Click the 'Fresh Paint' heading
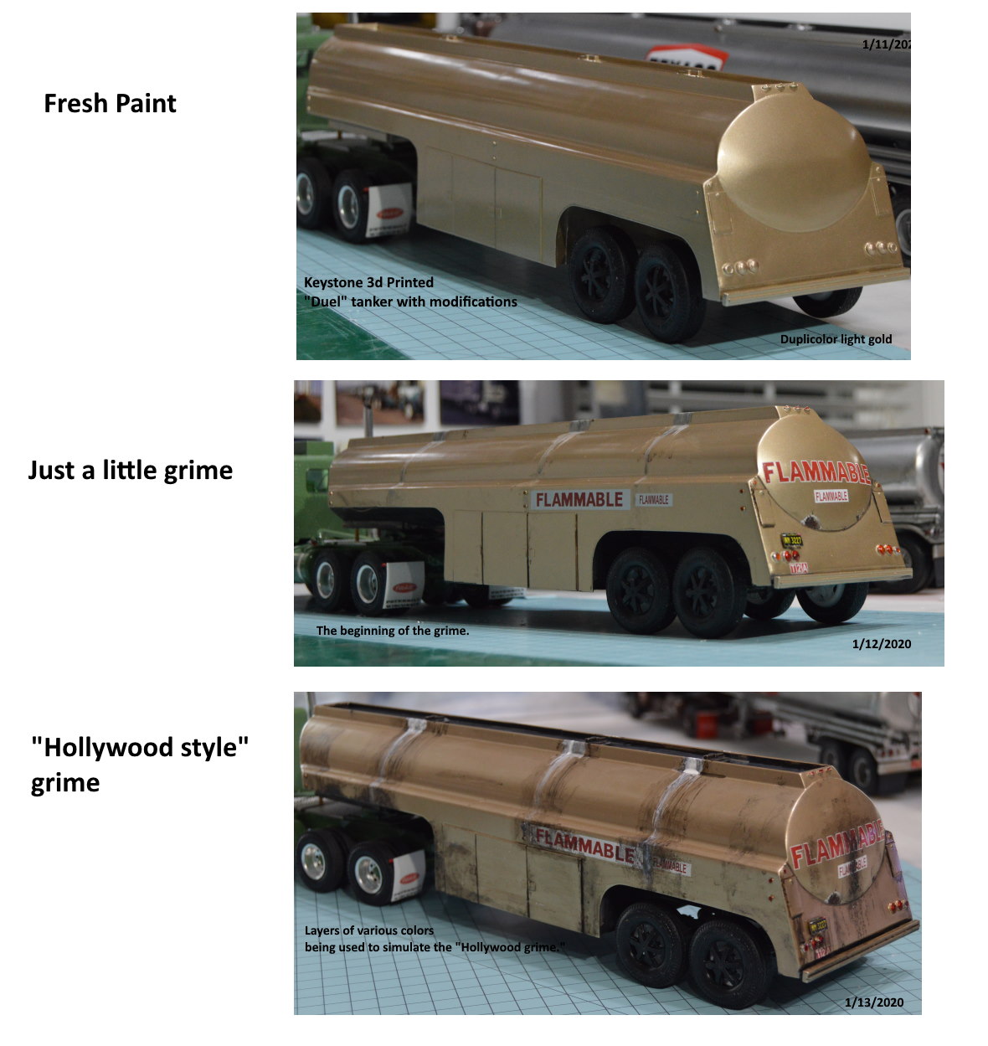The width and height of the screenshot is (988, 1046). point(110,104)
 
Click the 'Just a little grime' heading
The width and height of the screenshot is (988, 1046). point(130,470)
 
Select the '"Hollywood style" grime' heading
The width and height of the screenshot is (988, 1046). point(140,765)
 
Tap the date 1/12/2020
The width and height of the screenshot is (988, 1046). point(881,644)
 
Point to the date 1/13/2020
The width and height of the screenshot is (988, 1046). point(873,1002)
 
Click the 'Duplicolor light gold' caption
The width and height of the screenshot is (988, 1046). point(836,339)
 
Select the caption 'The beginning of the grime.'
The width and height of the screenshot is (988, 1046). point(392,631)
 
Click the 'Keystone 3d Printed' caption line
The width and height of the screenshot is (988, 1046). point(368,282)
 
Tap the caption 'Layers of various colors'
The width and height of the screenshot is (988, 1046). point(368,930)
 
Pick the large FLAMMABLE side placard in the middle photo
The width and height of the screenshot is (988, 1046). point(579,500)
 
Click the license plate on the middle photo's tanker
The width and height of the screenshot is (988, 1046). point(791,541)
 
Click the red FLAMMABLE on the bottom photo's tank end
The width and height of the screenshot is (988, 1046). point(837,845)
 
